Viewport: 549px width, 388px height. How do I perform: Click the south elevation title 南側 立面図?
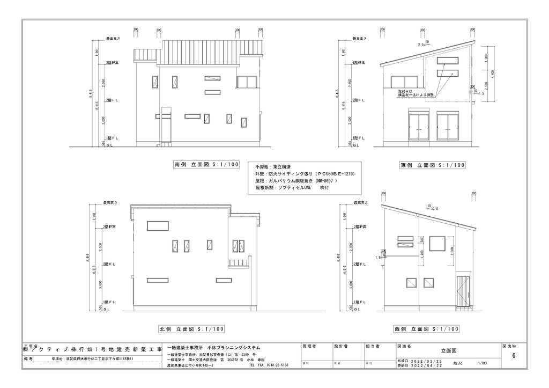click(206, 165)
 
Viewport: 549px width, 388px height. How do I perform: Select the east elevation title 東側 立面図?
click(432, 165)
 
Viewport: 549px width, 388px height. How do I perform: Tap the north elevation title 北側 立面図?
click(191, 328)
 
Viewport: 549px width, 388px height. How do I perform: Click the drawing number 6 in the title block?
click(514, 356)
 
